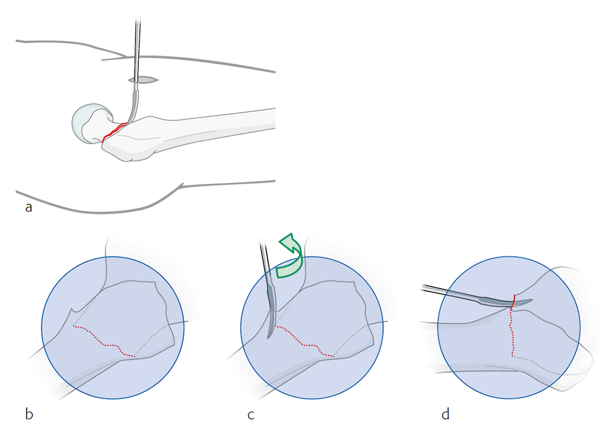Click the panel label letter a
coord(29,207)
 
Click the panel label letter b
coord(29,414)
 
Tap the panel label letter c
coord(251,414)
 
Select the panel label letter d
coord(445,414)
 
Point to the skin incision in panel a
coord(143,81)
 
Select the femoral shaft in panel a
coord(220,126)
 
